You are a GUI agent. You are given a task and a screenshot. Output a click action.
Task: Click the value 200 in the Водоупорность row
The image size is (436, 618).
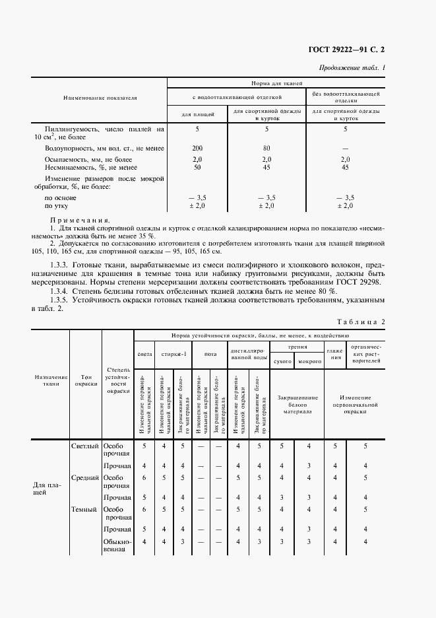(x=197, y=149)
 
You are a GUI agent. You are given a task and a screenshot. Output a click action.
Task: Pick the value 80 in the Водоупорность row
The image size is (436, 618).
(x=267, y=149)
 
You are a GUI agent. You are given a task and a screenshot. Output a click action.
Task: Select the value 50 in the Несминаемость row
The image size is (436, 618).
(x=197, y=168)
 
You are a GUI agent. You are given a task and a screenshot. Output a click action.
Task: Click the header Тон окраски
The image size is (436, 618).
(x=86, y=380)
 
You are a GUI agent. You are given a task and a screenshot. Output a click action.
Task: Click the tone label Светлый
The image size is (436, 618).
(x=84, y=446)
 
